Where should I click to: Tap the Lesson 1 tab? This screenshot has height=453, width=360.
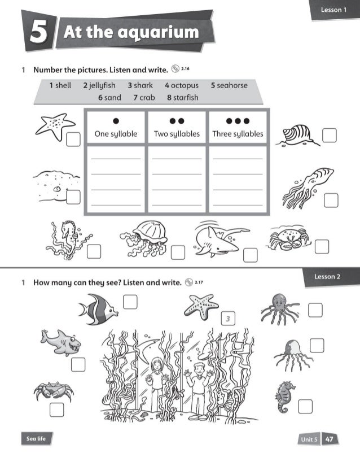point(333,10)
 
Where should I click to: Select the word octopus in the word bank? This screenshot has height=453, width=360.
point(182,85)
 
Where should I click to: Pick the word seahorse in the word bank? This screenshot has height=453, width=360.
point(229,85)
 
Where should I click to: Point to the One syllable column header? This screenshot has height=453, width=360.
point(116,134)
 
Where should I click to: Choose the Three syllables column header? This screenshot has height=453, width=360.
point(238,134)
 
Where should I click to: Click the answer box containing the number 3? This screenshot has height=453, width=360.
point(228,319)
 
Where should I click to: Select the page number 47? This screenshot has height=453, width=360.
point(330,439)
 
